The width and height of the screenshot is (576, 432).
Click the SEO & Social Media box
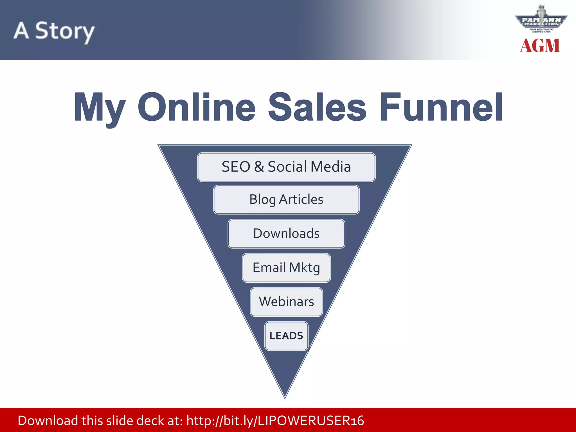tap(286, 167)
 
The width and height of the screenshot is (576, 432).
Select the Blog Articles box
tap(286, 200)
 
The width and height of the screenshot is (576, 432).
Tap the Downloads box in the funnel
tap(286, 234)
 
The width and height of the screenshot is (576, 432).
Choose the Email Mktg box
tap(286, 268)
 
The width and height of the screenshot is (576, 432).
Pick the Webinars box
tap(286, 302)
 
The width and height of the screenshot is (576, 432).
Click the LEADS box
tap(286, 336)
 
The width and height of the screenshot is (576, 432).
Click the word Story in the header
tap(65, 31)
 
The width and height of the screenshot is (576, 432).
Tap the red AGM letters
tap(540, 46)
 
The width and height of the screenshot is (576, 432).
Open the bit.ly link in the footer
tap(275, 421)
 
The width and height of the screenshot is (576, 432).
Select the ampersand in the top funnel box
tap(259, 167)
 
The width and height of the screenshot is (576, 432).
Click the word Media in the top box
tap(331, 167)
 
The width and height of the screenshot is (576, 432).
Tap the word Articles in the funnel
tap(301, 199)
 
